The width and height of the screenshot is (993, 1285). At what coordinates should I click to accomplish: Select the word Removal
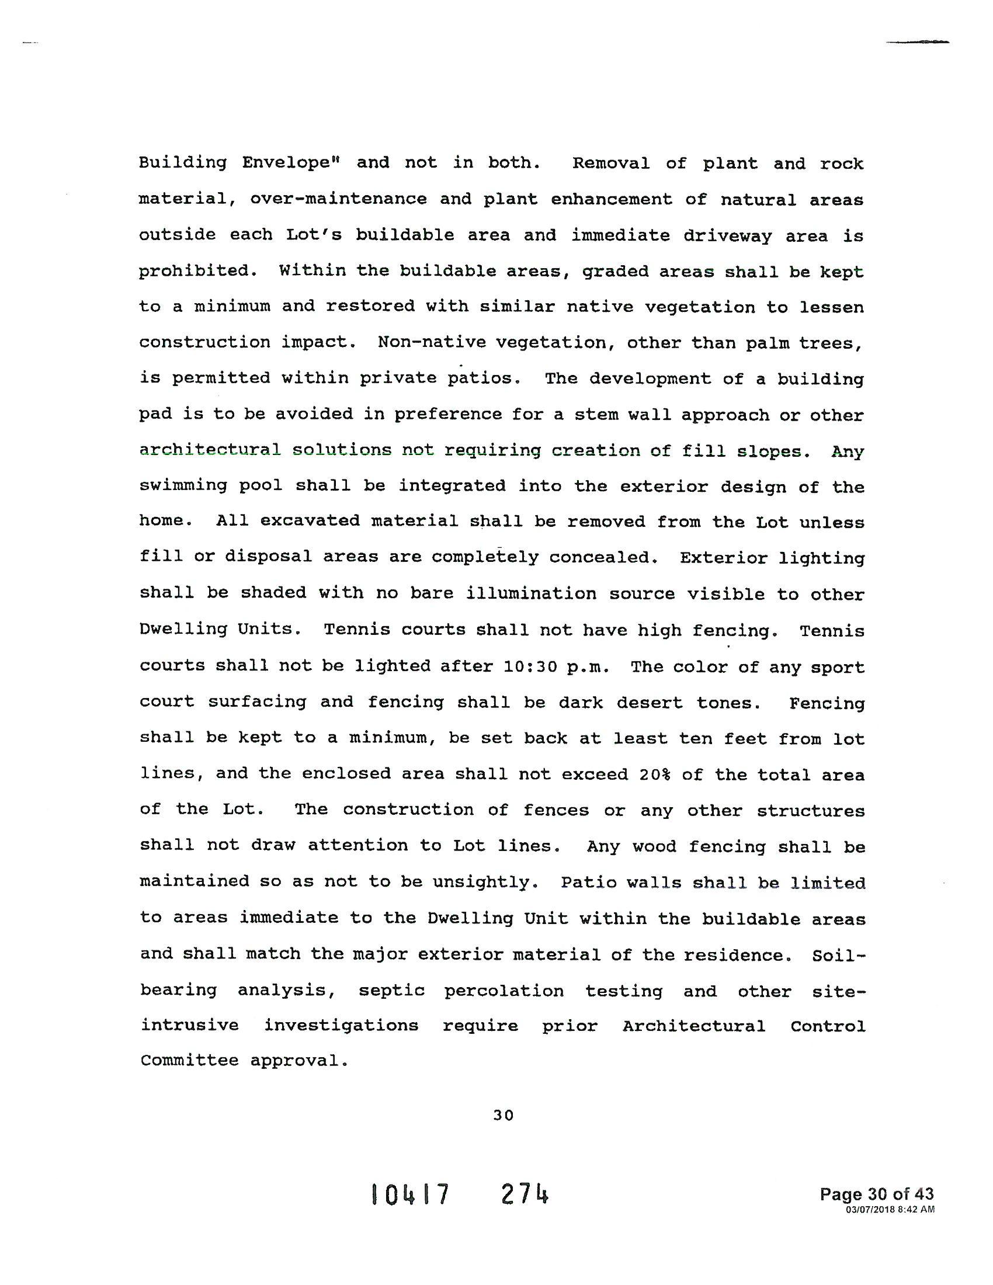pos(610,163)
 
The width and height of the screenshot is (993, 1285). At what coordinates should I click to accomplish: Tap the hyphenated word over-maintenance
pos(338,199)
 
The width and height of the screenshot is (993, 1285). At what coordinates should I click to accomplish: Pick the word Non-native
pos(432,342)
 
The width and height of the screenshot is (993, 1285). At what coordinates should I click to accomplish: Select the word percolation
pos(504,991)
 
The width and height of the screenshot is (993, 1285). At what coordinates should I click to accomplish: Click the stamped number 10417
pos(410,1194)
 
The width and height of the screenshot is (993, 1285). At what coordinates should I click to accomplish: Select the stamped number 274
pos(525,1194)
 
